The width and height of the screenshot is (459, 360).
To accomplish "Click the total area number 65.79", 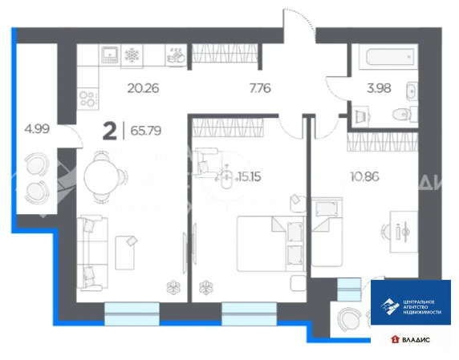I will point(151,127).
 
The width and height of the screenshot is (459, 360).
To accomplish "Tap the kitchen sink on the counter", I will point(109,54).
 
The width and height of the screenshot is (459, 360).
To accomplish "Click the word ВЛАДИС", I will point(416,341).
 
